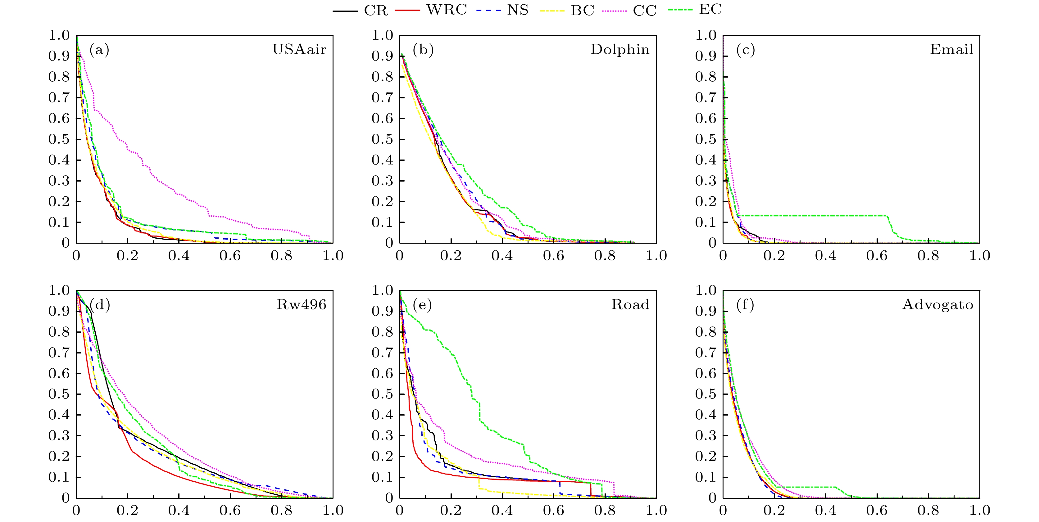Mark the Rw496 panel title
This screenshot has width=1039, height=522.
[301, 304]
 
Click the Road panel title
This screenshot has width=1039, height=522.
[630, 304]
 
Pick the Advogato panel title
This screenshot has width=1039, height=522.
[938, 304]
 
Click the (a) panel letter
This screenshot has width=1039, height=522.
[99, 50]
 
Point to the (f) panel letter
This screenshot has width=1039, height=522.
[745, 304]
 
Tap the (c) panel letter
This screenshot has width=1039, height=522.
[745, 50]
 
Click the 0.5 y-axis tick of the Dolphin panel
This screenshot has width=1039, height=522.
[382, 139]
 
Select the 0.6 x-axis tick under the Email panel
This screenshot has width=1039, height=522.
[877, 255]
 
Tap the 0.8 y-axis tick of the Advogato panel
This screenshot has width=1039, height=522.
[706, 332]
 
